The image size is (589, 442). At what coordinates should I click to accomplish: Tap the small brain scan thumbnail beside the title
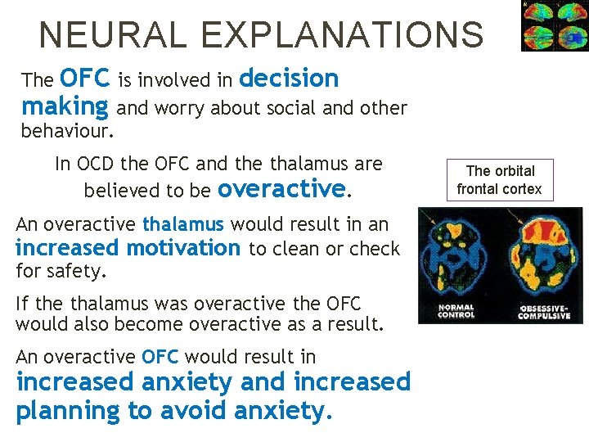[554, 26]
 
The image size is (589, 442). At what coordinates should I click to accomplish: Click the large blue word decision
[290, 79]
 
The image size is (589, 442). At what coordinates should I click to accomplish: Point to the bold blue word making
[65, 106]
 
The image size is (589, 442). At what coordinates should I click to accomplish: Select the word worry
[181, 108]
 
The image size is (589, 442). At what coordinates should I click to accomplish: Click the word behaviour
[66, 131]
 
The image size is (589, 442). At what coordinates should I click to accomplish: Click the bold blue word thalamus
[182, 224]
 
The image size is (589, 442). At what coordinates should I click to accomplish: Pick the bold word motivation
[182, 248]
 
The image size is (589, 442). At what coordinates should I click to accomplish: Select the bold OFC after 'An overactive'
[159, 357]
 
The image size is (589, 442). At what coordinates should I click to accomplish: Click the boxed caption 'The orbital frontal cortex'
[499, 180]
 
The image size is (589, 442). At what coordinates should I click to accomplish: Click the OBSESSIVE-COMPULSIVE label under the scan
[542, 312]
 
